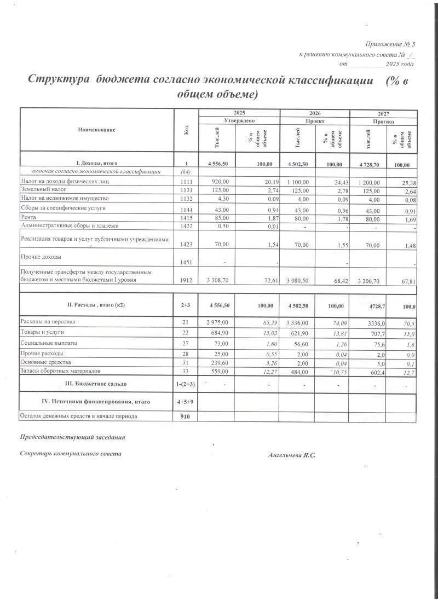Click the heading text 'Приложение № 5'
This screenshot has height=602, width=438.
(x=390, y=44)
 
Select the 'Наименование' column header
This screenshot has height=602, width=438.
(x=97, y=130)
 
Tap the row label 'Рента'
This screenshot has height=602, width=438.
(x=28, y=217)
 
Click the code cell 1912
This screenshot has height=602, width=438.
(x=186, y=280)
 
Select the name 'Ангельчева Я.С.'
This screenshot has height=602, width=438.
(x=292, y=455)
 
